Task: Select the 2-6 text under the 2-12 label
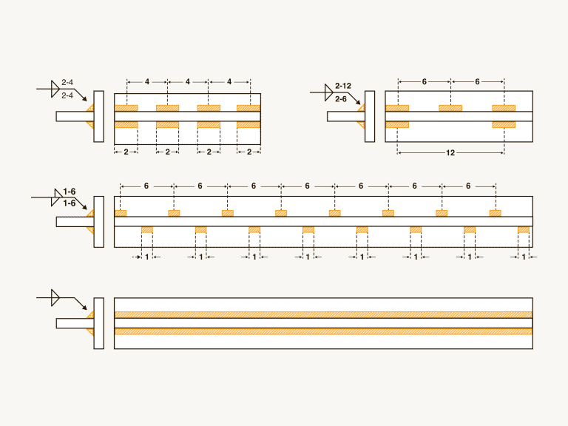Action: [341, 98]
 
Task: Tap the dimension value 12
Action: [450, 153]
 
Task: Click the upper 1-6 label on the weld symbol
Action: [70, 191]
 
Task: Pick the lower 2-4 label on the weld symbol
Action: [67, 96]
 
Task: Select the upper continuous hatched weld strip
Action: [323, 315]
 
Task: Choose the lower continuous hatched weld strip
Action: [323, 331]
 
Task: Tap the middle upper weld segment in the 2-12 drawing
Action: [450, 108]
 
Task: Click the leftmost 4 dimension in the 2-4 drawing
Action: [147, 81]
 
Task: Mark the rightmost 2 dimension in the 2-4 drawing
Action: [249, 152]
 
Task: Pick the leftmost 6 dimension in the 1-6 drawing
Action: [146, 186]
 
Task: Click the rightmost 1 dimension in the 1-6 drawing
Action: [524, 257]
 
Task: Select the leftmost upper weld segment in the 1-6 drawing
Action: [121, 214]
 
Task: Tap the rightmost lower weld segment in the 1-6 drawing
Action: [524, 230]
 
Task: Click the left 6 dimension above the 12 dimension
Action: [424, 81]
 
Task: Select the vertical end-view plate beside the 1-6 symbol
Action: [98, 220]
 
